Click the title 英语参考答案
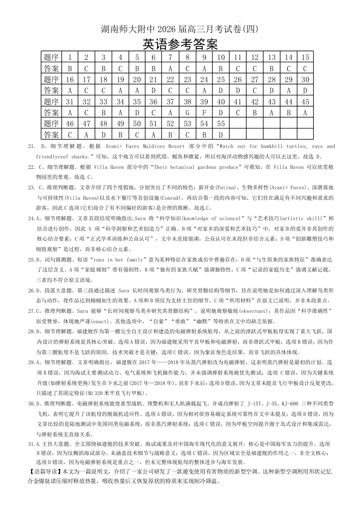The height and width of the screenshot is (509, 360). pos(180,44)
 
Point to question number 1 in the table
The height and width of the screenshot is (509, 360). pos(70,57)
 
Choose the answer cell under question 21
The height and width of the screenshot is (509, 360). pos(153,90)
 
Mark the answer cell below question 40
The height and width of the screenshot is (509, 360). pos(221,112)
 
